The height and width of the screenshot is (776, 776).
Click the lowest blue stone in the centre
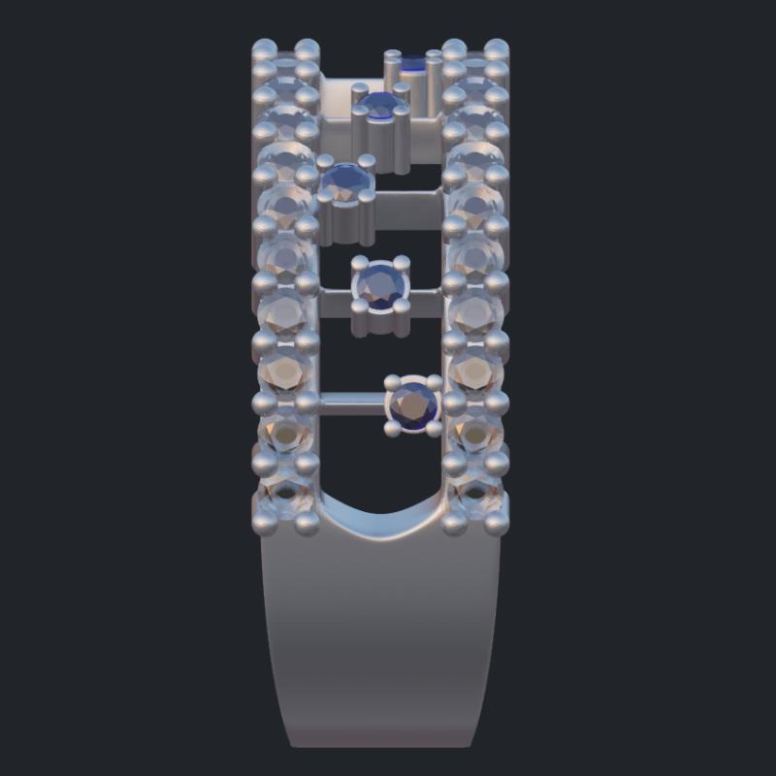point(414,405)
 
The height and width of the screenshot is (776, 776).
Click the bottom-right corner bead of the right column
point(497,525)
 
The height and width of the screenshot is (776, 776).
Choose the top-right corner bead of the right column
point(497,48)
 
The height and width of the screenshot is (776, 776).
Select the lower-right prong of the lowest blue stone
point(434,427)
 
